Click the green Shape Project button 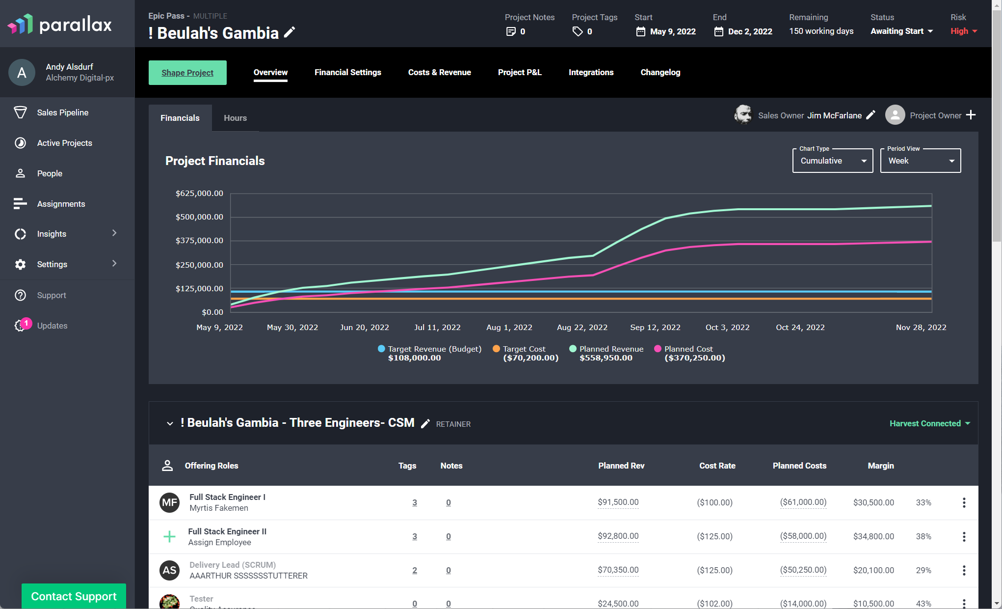(187, 73)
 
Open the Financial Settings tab (348, 72)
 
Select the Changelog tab (660, 72)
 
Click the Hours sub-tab (236, 118)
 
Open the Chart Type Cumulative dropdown (833, 161)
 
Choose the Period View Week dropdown (921, 161)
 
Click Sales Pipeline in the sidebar (63, 112)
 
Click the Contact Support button (74, 596)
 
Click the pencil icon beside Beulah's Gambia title (290, 32)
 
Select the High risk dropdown (964, 31)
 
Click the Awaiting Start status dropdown (902, 31)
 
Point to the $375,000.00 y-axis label (199, 241)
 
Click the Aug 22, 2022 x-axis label (582, 327)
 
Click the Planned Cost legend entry (690, 353)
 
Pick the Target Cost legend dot (496, 349)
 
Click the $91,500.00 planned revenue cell (618, 502)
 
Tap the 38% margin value (923, 536)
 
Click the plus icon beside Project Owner (971, 115)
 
